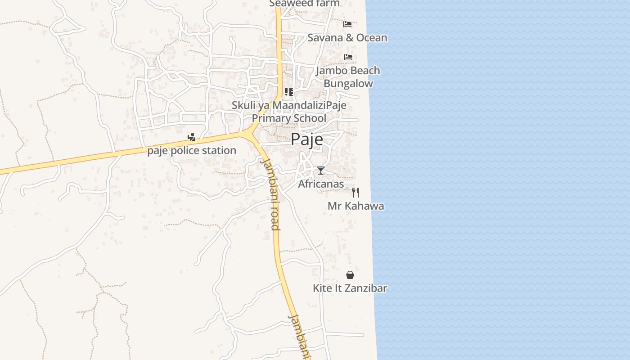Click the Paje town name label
click(x=306, y=139)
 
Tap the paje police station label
click(x=192, y=150)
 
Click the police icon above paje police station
click(x=192, y=137)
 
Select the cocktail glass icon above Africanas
click(x=320, y=171)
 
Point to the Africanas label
click(x=321, y=184)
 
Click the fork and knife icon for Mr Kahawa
click(x=355, y=193)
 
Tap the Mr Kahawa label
click(x=355, y=206)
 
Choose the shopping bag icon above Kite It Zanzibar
click(x=350, y=275)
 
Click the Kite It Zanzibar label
click(x=350, y=288)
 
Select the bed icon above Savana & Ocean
click(x=347, y=24)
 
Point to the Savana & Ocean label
click(x=347, y=37)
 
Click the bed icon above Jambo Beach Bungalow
click(x=348, y=57)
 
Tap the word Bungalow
click(x=348, y=84)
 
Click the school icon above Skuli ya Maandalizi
click(x=289, y=92)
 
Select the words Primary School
click(x=289, y=118)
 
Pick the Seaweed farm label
click(x=304, y=4)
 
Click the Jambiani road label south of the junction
click(x=271, y=194)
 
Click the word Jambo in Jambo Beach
click(x=331, y=71)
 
